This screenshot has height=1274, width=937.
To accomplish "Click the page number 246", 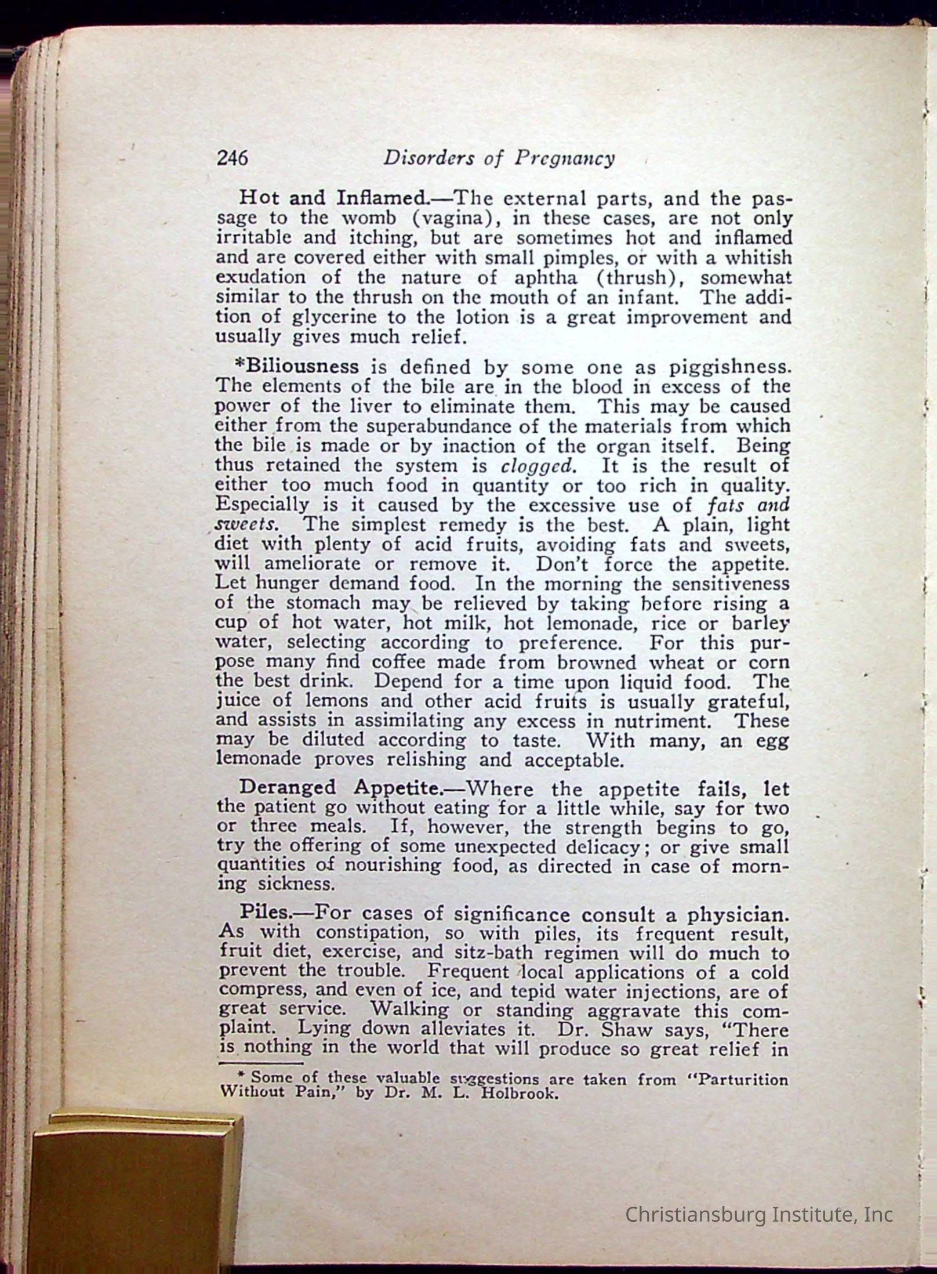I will tap(232, 158).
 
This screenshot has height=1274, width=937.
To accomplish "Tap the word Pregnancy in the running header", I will tap(564, 159).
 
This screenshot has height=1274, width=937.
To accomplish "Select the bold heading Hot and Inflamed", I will tap(333, 198).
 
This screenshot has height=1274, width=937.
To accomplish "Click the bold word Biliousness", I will tap(296, 367).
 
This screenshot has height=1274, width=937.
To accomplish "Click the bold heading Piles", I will tap(264, 911).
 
